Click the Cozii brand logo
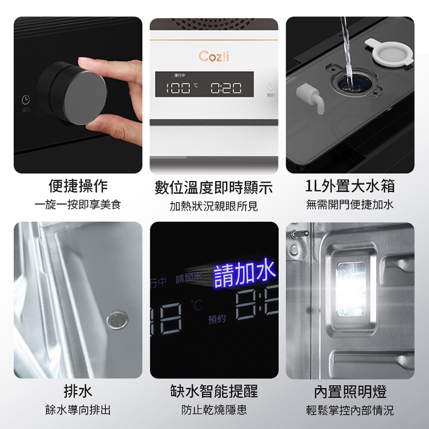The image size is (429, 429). tap(214, 57)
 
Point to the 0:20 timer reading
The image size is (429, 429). tap(226, 88)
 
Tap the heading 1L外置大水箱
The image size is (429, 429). tap(350, 186)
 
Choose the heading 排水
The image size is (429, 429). tap(78, 391)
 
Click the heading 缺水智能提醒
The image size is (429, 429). tap(214, 391)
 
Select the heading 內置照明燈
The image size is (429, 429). tap(350, 391)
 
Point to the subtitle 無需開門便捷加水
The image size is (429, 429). tap(350, 205)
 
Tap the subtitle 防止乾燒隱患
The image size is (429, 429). tap(214, 410)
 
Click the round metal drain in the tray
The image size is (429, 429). tap(115, 320)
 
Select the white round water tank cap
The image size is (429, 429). tap(389, 51)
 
